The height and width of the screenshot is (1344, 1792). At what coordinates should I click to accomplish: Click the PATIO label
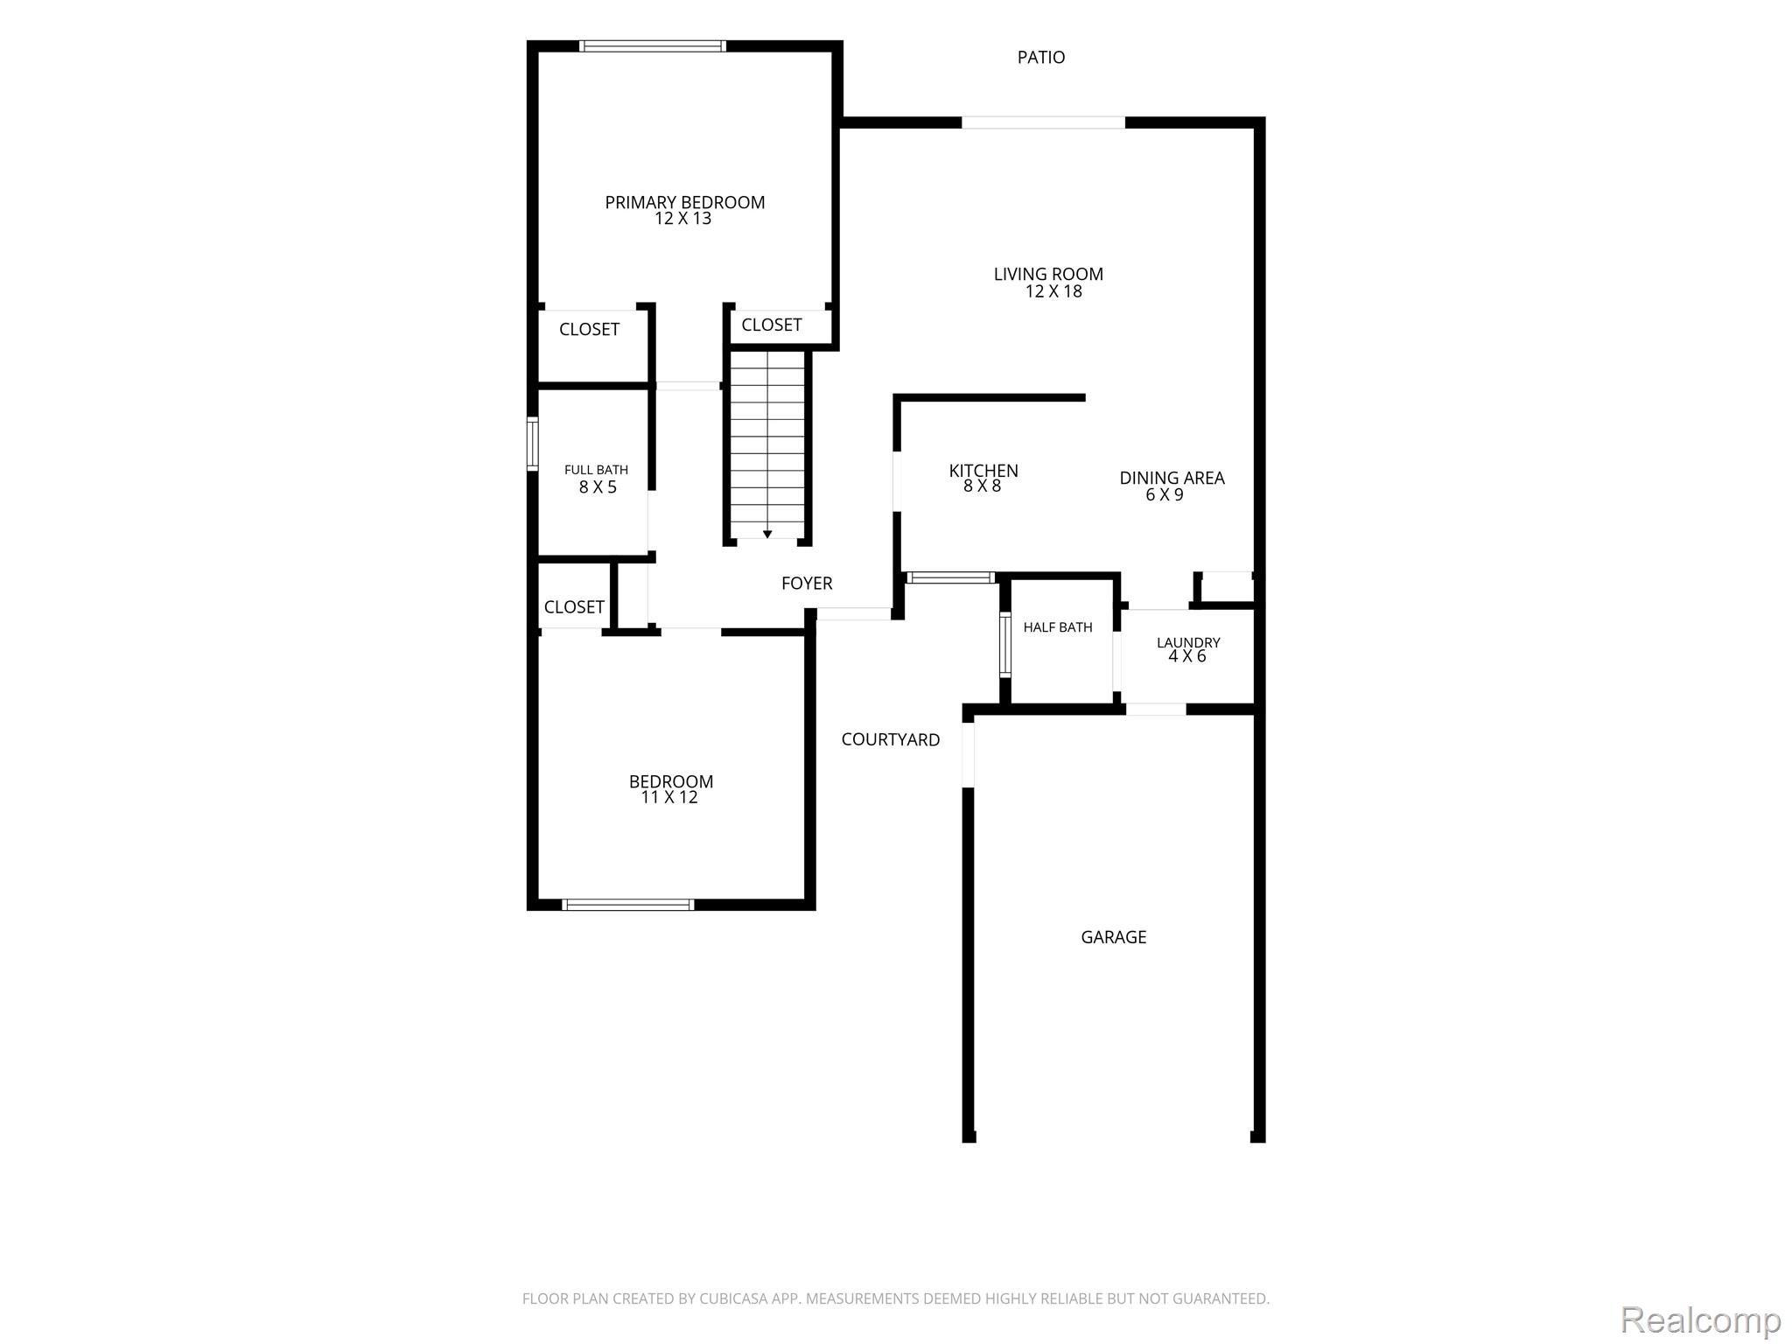pyautogui.click(x=1041, y=58)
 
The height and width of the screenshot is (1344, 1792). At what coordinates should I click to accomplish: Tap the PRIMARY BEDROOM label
pyautogui.click(x=685, y=202)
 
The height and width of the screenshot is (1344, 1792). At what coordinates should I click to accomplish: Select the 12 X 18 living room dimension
pyautogui.click(x=1053, y=291)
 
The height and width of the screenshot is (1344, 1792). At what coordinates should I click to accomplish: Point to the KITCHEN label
pyautogui.click(x=983, y=471)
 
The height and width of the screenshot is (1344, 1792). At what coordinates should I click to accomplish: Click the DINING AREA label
pyautogui.click(x=1172, y=478)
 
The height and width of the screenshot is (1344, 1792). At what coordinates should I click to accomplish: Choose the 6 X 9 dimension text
pyautogui.click(x=1165, y=495)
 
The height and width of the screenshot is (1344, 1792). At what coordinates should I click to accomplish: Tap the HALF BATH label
pyautogui.click(x=1058, y=627)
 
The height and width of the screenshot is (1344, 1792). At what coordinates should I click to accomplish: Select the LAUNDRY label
pyautogui.click(x=1188, y=642)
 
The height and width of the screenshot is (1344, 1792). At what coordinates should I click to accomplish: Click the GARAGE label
pyautogui.click(x=1114, y=937)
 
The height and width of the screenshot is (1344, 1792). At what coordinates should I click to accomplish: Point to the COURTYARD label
pyautogui.click(x=891, y=739)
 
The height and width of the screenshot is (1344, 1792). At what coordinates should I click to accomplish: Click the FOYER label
pyautogui.click(x=807, y=583)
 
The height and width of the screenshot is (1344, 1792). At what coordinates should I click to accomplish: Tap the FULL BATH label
pyautogui.click(x=596, y=470)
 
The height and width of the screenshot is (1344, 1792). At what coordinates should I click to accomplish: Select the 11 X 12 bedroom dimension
pyautogui.click(x=669, y=797)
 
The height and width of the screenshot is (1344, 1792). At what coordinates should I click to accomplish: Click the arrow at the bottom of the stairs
pyautogui.click(x=767, y=534)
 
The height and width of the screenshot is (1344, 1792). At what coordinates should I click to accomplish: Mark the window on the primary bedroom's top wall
pyautogui.click(x=653, y=46)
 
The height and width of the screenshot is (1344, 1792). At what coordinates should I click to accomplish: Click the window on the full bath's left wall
pyautogui.click(x=532, y=444)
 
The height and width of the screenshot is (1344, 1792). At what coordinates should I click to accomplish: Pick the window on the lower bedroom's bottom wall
pyautogui.click(x=628, y=905)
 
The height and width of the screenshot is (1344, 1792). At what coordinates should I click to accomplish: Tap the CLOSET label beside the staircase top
pyautogui.click(x=772, y=325)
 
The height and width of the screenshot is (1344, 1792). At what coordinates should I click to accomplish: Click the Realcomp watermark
pyautogui.click(x=1701, y=1319)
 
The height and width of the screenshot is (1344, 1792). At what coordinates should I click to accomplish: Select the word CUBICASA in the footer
pyautogui.click(x=733, y=1298)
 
